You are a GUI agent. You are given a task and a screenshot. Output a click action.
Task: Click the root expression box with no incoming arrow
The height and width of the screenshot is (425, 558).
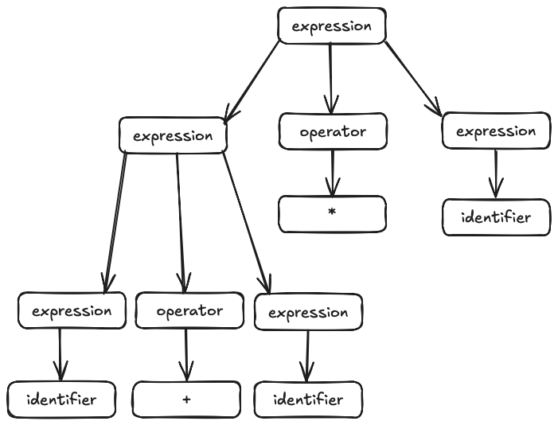coord(331,25)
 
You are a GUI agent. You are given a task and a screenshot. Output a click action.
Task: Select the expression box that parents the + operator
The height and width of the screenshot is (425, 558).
coord(173,135)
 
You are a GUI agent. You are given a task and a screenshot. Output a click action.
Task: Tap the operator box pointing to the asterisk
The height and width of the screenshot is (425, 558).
coord(333,131)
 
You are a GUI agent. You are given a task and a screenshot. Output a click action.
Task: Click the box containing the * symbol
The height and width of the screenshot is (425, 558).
coord(332,214)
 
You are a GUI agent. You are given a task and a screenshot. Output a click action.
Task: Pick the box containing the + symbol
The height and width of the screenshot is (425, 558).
coord(186,399)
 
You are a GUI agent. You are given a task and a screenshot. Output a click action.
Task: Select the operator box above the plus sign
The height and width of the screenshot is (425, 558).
coord(189,310)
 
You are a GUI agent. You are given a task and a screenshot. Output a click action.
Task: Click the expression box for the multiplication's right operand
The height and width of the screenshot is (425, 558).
coord(495,131)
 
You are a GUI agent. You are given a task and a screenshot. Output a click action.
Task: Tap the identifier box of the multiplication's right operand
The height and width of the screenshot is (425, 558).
coord(496,217)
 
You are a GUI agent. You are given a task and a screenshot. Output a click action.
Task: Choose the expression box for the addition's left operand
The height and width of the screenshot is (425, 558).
coord(72,310)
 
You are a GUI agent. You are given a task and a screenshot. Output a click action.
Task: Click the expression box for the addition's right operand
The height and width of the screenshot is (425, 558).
coord(308,312)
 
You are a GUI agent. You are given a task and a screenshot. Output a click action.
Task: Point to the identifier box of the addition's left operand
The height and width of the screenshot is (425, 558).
coord(62,399)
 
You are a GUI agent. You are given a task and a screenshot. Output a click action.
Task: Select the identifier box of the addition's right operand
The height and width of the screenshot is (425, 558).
coord(308,399)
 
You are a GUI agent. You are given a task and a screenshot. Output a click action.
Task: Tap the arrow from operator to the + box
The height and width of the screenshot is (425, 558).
coord(186,354)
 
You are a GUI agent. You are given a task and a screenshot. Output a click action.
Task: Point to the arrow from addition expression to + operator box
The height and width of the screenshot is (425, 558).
coord(181,223)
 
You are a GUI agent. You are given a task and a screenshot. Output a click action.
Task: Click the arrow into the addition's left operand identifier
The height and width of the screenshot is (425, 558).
coord(60,355)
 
